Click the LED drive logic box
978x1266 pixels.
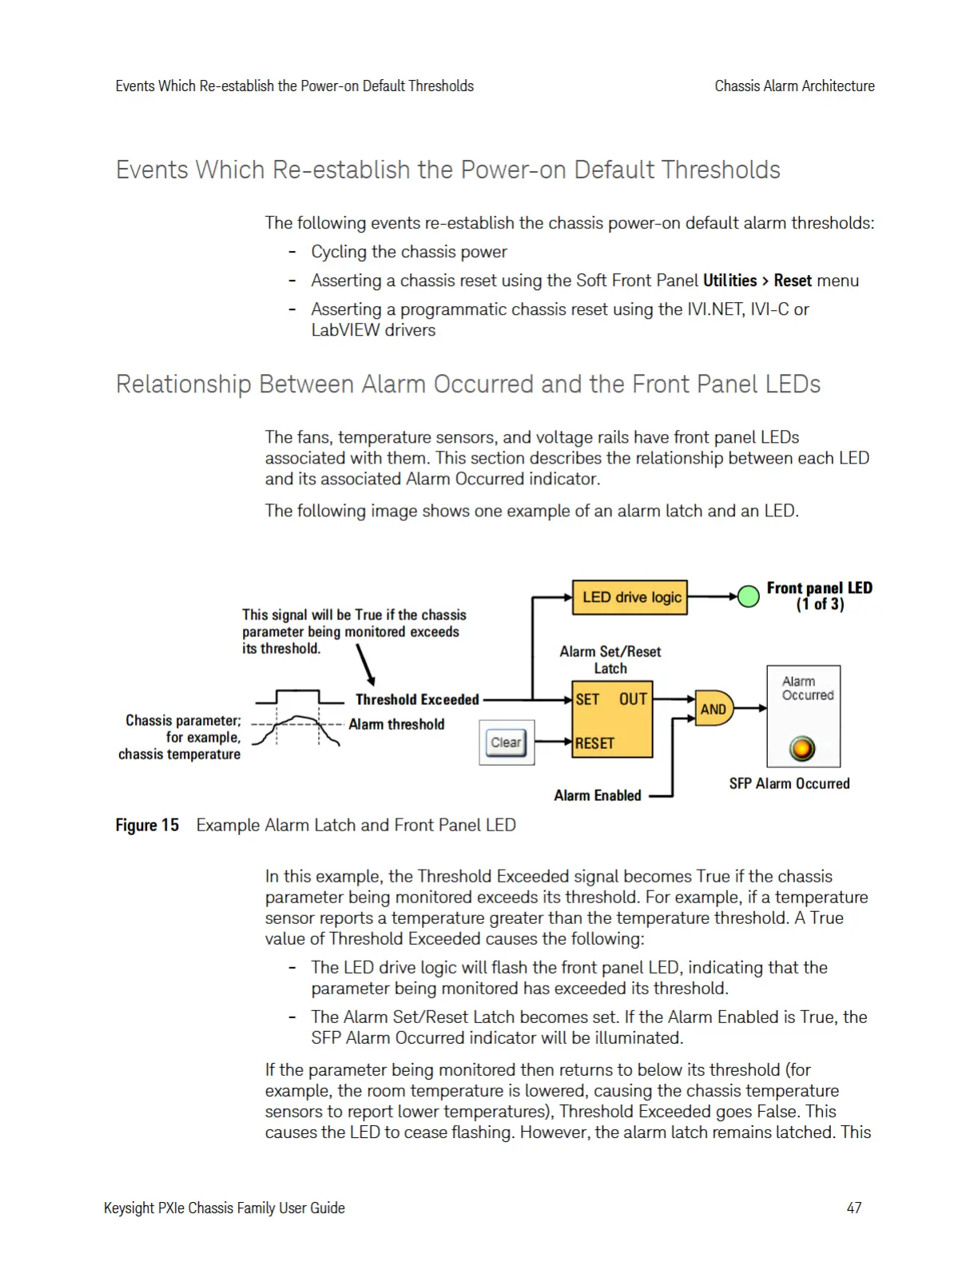[630, 597]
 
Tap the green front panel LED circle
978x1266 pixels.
[748, 596]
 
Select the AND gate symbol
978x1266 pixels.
[713, 708]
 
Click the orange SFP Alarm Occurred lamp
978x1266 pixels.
[802, 748]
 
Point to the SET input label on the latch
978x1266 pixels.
[587, 699]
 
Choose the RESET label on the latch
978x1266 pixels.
[594, 743]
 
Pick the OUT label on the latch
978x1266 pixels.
[633, 699]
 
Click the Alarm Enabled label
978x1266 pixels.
[598, 795]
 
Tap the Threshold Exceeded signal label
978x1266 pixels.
[417, 699]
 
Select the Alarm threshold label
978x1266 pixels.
[396, 724]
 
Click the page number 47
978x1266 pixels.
[854, 1208]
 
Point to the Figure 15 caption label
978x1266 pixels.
[147, 825]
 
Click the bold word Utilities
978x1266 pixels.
[730, 281]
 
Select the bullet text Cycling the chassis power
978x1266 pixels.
[409, 252]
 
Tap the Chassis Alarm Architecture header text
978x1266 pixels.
[794, 86]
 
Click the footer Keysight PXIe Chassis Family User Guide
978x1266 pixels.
[225, 1208]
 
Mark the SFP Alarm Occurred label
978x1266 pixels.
[789, 783]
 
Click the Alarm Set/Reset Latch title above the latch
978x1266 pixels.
[610, 659]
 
